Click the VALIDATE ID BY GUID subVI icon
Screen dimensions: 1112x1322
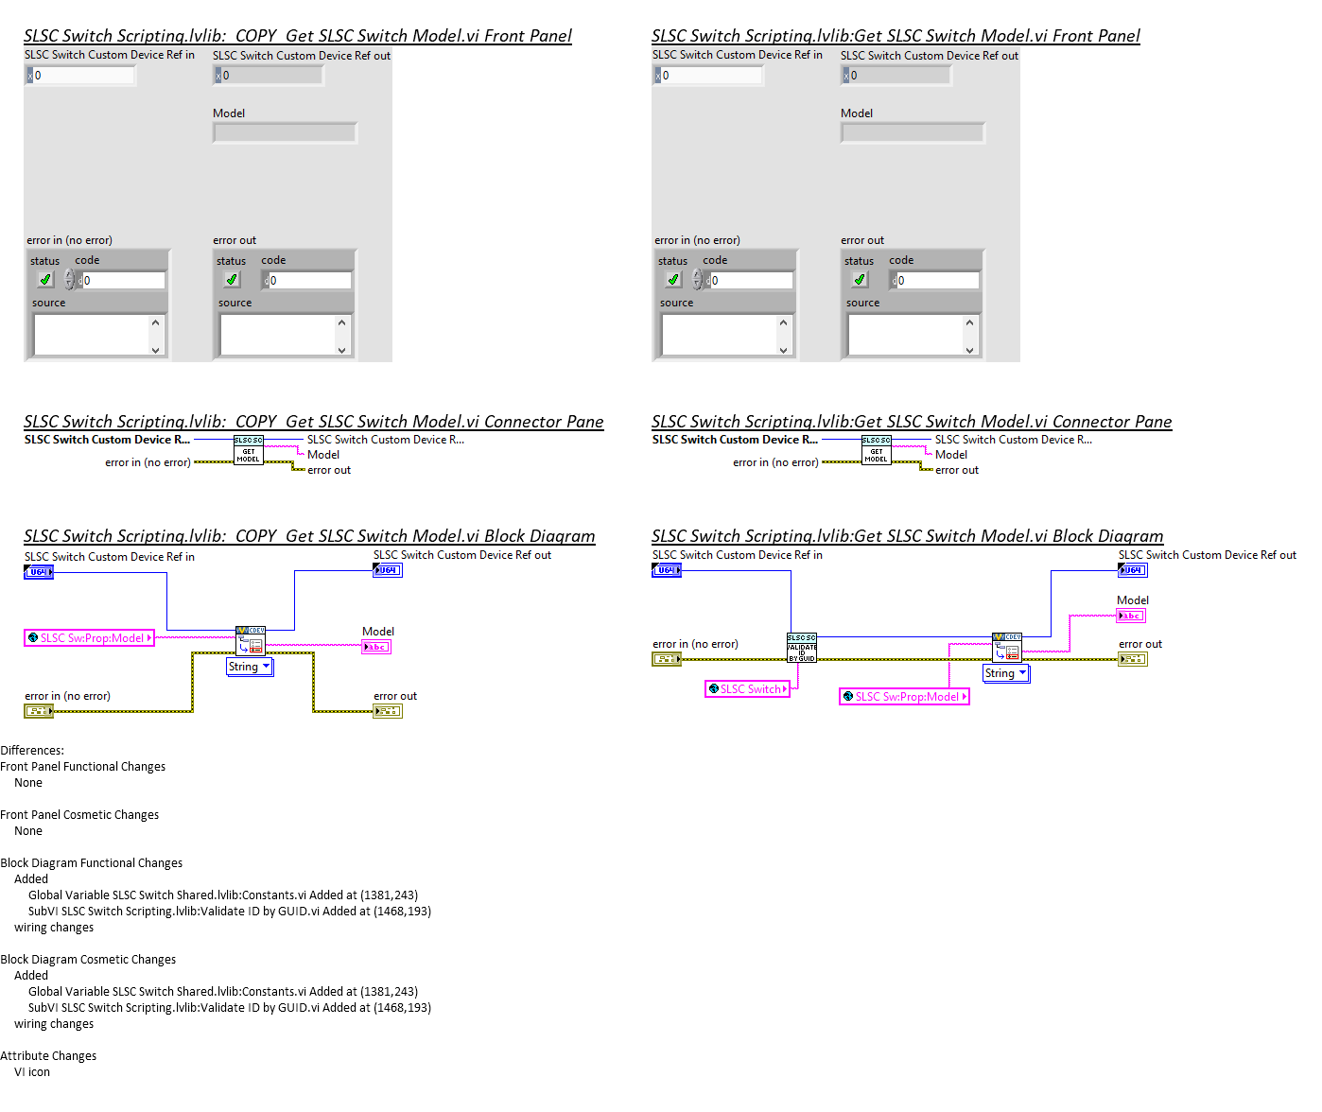(802, 649)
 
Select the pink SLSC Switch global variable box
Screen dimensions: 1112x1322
(747, 689)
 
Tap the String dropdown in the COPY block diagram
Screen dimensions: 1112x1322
(250, 667)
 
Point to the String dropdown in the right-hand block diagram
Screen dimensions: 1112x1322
(1006, 673)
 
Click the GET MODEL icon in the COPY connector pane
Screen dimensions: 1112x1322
(249, 450)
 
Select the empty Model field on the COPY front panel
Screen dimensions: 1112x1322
(285, 133)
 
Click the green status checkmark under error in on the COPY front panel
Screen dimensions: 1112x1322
(44, 280)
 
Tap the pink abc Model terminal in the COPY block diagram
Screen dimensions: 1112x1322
(376, 648)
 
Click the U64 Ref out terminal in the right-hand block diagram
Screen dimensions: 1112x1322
(1133, 570)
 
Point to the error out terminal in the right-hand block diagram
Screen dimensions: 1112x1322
(1133, 659)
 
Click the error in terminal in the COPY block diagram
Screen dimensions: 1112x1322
(39, 711)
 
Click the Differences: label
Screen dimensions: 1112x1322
(32, 751)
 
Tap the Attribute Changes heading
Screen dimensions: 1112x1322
(48, 1056)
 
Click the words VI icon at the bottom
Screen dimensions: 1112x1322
(32, 1072)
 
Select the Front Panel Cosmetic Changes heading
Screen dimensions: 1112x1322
(79, 815)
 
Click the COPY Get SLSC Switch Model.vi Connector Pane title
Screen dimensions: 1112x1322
(313, 422)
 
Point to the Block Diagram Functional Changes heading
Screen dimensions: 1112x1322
(92, 863)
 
